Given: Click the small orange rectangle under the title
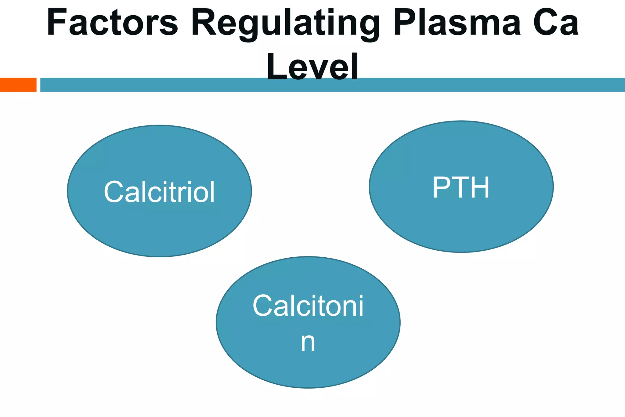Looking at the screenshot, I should pos(18,85).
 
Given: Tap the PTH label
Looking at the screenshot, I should pos(461,188).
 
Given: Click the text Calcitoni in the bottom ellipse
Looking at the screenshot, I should pos(308,306).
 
